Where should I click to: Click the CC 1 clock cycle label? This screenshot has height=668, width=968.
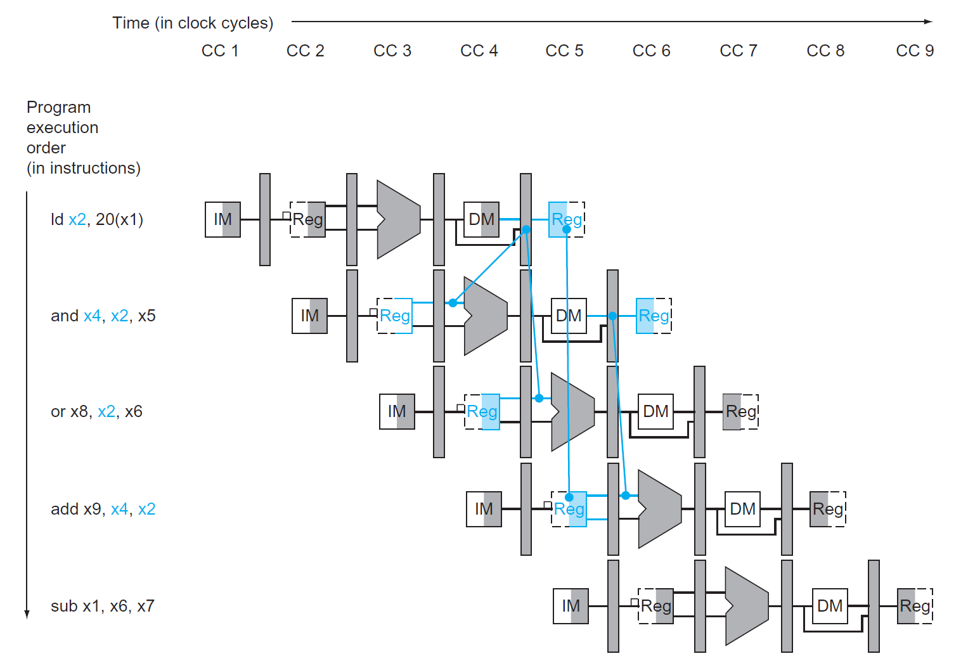[x=220, y=51]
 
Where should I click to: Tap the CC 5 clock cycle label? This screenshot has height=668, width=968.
[x=564, y=51]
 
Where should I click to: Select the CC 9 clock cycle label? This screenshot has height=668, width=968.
[x=914, y=51]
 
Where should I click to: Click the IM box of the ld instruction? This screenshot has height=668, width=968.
[x=223, y=219]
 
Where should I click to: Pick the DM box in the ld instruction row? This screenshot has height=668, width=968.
[x=481, y=219]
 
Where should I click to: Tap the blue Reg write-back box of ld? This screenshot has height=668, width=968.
[x=566, y=219]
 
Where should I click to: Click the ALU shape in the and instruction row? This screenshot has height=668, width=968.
[x=485, y=316]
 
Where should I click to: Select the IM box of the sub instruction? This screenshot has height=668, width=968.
[x=571, y=606]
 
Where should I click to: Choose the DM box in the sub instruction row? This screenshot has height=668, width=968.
[x=829, y=606]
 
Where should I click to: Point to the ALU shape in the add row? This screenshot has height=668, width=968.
[x=659, y=509]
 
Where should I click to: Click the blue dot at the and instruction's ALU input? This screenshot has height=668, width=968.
[x=453, y=303]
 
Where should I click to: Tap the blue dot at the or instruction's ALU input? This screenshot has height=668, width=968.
[x=539, y=398]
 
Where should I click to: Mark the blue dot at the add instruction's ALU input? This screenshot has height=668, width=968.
[x=626, y=496]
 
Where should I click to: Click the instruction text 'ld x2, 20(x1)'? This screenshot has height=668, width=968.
[x=97, y=219]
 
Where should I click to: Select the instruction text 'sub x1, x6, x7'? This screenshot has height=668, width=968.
[x=102, y=606]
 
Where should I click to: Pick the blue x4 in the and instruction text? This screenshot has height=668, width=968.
[x=92, y=316]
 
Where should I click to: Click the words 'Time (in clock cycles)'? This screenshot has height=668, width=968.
[x=193, y=23]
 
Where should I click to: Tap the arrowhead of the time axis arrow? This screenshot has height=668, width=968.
[x=928, y=22]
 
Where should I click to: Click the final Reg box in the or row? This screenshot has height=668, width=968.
[x=740, y=412]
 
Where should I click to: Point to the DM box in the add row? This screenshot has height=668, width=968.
[x=742, y=509]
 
